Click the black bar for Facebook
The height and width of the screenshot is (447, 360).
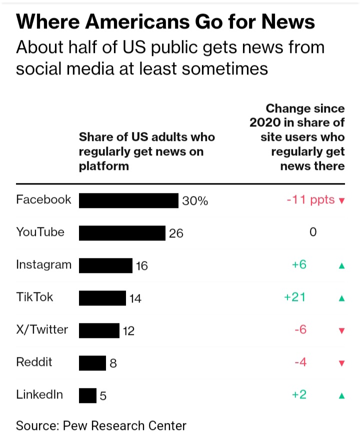pyautogui.click(x=128, y=200)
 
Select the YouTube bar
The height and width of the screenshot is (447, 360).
pyautogui.click(x=122, y=233)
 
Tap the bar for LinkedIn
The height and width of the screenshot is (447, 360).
pyautogui.click(x=87, y=395)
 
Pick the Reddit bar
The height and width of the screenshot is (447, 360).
pyautogui.click(x=92, y=363)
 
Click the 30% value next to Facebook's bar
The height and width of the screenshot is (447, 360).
pyautogui.click(x=194, y=201)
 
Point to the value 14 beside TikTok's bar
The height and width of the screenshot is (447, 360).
pyautogui.click(x=135, y=298)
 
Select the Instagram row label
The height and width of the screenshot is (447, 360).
pyautogui.click(x=43, y=265)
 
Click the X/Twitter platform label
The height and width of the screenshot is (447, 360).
pyautogui.click(x=42, y=330)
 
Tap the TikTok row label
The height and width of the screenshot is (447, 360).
pyautogui.click(x=34, y=297)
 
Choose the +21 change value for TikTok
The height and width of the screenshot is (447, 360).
pyautogui.click(x=295, y=297)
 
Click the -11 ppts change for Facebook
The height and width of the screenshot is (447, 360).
pyautogui.click(x=310, y=200)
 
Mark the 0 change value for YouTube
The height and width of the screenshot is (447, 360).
pyautogui.click(x=313, y=232)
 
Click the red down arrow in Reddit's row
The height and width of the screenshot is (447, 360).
pyautogui.click(x=342, y=363)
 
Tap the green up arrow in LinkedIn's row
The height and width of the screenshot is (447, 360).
pyautogui.click(x=342, y=396)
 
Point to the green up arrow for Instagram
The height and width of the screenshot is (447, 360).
pyautogui.click(x=342, y=266)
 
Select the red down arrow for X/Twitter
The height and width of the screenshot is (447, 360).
pyautogui.click(x=342, y=331)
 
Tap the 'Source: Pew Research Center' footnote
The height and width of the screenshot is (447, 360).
pyautogui.click(x=101, y=426)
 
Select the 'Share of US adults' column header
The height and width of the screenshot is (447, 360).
pyautogui.click(x=146, y=151)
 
